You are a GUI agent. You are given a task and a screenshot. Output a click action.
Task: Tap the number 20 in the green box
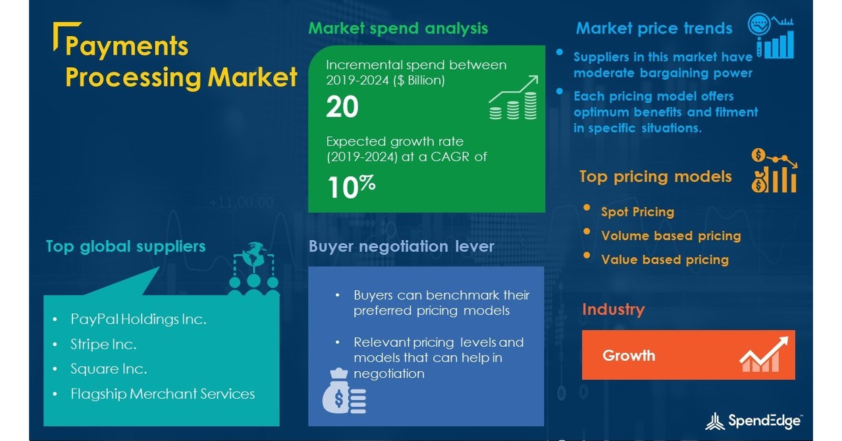(x=342, y=107)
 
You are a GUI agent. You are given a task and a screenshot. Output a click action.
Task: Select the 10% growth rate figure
(x=351, y=187)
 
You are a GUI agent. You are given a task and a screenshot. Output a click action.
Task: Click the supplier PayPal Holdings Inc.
(x=138, y=319)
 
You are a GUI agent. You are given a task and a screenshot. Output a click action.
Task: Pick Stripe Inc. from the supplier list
(x=103, y=344)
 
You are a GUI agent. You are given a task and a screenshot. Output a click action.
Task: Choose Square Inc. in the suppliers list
(x=109, y=369)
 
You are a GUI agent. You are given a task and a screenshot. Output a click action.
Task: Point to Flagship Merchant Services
(x=162, y=394)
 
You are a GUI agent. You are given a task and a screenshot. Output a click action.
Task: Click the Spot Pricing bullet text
(x=637, y=212)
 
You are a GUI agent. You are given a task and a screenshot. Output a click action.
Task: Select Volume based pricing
(x=671, y=236)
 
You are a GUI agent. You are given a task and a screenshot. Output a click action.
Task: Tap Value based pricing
(x=665, y=259)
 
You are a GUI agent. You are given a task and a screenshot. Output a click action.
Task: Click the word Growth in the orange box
(x=629, y=355)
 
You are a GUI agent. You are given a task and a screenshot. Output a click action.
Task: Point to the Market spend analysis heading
(x=398, y=28)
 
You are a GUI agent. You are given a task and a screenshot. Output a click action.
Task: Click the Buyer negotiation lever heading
(x=401, y=246)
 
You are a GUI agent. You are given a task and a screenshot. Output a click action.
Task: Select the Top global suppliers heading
(x=126, y=246)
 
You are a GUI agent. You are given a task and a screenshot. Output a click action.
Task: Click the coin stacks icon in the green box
(x=513, y=99)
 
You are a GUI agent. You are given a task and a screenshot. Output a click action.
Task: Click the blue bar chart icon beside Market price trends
(x=771, y=37)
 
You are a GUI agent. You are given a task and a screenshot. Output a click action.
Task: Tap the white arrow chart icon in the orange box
(x=764, y=355)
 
